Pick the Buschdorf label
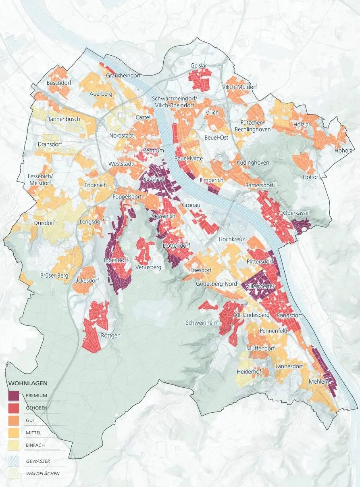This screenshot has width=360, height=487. (x=59, y=83)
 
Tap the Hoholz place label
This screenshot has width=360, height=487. (x=343, y=151)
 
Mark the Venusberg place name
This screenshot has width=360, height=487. (x=149, y=267)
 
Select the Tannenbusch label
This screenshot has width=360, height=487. (x=64, y=119)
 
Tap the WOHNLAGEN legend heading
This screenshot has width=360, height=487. (x=28, y=383)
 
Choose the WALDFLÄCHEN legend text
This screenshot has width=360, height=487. (x=40, y=473)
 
